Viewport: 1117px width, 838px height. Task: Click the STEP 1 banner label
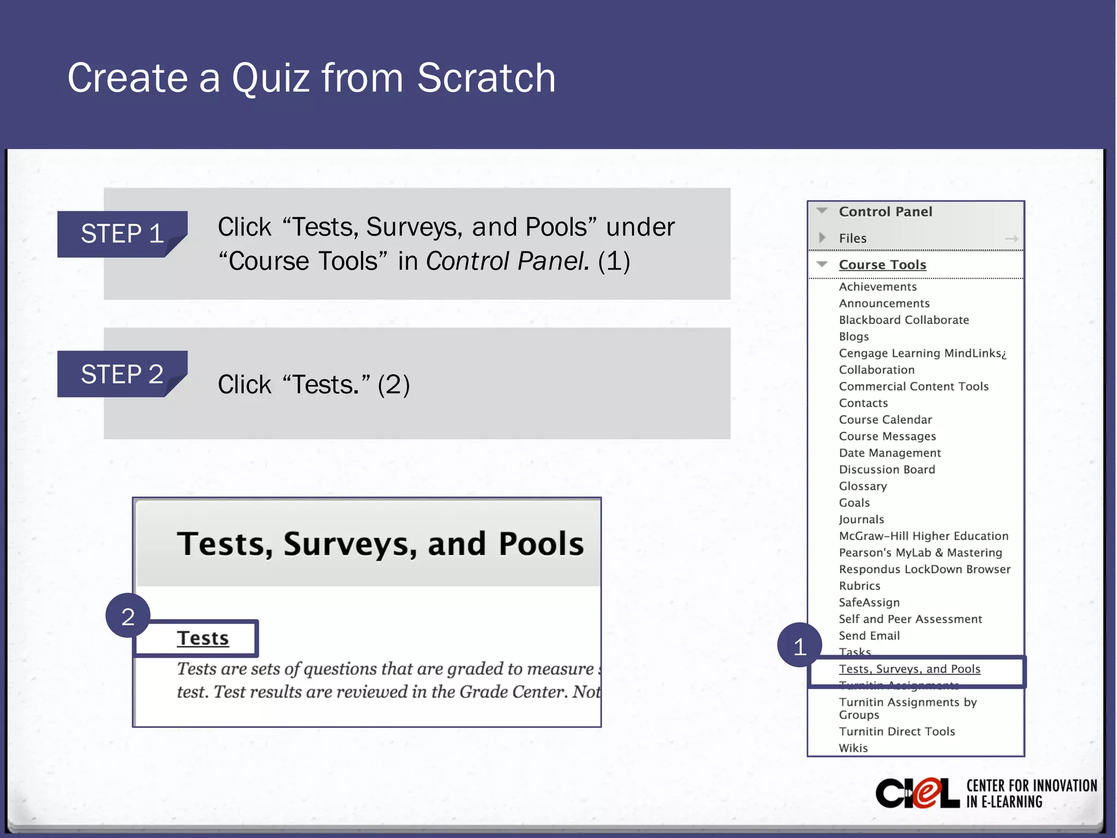(x=122, y=234)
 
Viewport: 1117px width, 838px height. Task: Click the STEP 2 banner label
(x=122, y=374)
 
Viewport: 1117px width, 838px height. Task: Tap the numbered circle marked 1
(x=800, y=647)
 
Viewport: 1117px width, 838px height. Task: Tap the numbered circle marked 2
(x=128, y=616)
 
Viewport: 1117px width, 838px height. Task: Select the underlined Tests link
(x=202, y=638)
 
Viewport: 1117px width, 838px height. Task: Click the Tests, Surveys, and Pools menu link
(x=909, y=669)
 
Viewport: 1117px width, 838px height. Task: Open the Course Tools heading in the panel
(x=882, y=265)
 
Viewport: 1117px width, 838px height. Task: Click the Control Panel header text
(x=885, y=212)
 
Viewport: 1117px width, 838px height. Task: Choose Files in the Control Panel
(x=852, y=238)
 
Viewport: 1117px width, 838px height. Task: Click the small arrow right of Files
(x=1012, y=238)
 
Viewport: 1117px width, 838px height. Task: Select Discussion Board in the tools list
(x=887, y=470)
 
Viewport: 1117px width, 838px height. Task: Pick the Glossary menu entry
(x=863, y=486)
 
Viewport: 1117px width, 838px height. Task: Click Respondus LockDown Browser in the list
(x=924, y=570)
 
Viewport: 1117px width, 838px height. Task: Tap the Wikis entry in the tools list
(x=853, y=748)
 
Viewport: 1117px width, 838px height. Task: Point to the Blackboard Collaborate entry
(x=904, y=320)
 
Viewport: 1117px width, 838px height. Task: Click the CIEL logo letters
(x=917, y=793)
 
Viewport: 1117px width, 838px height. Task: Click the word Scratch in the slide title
(x=486, y=78)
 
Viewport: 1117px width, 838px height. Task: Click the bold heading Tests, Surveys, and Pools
(x=380, y=544)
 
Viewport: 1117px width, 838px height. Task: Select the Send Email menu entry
(x=869, y=636)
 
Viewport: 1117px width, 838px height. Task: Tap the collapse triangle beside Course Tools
(x=822, y=265)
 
